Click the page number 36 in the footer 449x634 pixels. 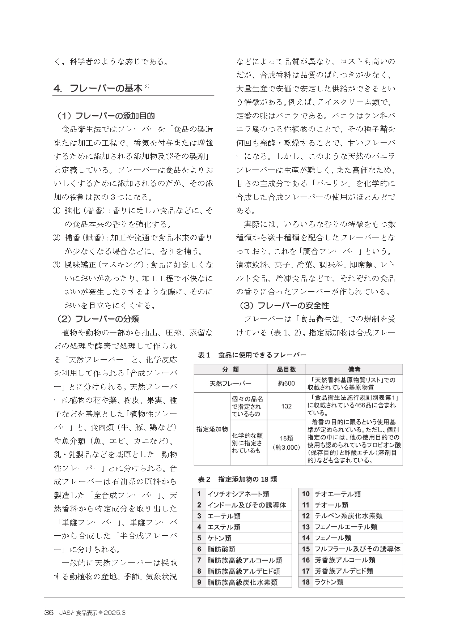click(x=49, y=613)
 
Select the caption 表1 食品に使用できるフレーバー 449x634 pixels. click(x=252, y=355)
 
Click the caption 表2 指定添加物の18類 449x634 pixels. click(x=237, y=479)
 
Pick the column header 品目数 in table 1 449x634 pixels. click(x=286, y=369)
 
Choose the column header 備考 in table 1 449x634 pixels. click(x=354, y=369)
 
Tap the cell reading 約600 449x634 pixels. click(x=286, y=384)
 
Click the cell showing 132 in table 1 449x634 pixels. click(x=286, y=406)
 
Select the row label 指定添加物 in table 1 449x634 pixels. click(x=212, y=429)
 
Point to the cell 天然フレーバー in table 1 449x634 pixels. click(x=230, y=384)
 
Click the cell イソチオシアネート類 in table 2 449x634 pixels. click(x=238, y=494)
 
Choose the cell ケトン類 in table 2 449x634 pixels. click(x=220, y=538)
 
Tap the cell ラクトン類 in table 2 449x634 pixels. click(x=329, y=582)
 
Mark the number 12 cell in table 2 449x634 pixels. click(x=306, y=516)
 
